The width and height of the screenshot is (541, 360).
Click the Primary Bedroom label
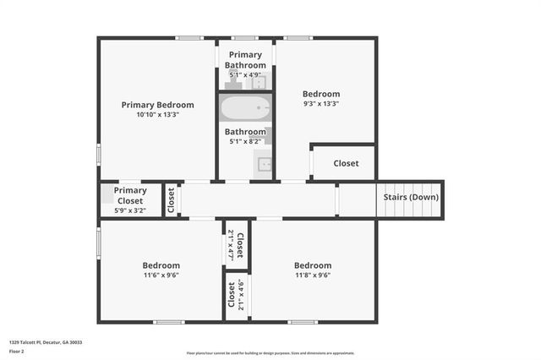[x=157, y=105]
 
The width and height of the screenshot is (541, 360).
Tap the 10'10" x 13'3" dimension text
[x=157, y=115]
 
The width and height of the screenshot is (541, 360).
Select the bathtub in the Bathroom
[x=245, y=108]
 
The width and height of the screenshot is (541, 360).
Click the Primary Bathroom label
[x=245, y=60]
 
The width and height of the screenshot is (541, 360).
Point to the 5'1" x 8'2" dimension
[x=245, y=142]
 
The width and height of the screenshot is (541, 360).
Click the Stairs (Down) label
[x=411, y=197]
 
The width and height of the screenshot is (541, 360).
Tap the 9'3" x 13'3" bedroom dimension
[x=321, y=105]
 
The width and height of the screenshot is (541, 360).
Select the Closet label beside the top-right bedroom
[x=345, y=163]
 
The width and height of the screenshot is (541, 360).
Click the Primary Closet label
[x=130, y=195]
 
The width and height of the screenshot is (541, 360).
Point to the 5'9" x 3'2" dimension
[x=130, y=211]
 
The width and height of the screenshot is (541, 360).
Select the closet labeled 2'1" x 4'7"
[x=236, y=245]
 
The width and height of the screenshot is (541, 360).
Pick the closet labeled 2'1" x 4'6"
[x=236, y=295]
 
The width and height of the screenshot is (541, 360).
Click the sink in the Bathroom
[x=265, y=164]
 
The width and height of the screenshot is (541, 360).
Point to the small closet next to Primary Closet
[x=171, y=200]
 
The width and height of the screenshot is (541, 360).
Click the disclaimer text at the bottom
[x=270, y=353]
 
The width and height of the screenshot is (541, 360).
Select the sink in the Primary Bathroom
[x=261, y=82]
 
